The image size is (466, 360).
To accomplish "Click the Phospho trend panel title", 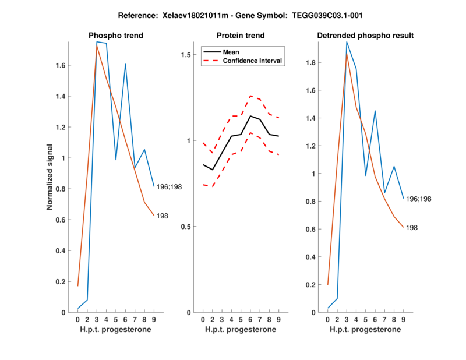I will [115, 36].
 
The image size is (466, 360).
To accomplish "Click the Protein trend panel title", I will [240, 36].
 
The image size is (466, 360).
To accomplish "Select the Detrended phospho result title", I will [365, 36].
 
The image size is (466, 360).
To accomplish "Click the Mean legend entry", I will [231, 51].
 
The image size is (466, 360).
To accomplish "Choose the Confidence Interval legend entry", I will [253, 61].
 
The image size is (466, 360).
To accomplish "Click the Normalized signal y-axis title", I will [51, 177].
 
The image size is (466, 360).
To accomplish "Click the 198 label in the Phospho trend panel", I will [163, 216].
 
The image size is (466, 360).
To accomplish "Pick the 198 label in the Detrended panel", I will [412, 228].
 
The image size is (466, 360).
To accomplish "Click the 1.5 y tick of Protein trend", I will [188, 55].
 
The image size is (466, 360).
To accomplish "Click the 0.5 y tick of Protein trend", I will [188, 227].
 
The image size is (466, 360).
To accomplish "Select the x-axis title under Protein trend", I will [240, 330].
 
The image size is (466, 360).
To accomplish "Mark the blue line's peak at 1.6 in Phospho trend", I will [125, 65].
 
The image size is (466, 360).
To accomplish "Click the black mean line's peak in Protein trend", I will [250, 116].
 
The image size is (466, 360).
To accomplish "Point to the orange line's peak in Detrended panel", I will [347, 54].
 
